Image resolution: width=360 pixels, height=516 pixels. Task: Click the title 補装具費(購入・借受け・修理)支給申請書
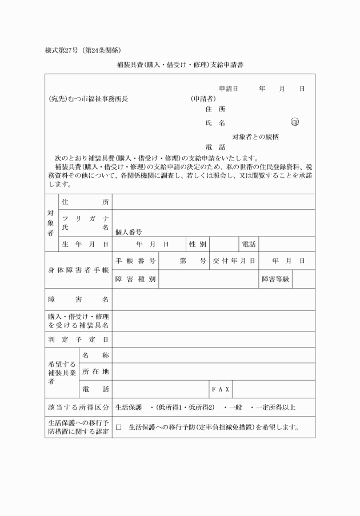coord(180,65)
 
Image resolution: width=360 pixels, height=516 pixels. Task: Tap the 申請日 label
coord(228,89)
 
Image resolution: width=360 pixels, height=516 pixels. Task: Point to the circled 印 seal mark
coord(295,122)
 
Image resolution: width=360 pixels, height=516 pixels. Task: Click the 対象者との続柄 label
coord(255,137)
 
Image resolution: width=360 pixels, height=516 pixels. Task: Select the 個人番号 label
coord(129,232)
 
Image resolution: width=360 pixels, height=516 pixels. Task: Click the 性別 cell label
coord(198,244)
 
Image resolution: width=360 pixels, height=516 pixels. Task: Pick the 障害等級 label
coord(275,279)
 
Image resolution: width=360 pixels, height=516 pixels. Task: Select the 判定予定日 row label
coord(79,339)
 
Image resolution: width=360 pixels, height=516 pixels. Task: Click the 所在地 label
coord(95,372)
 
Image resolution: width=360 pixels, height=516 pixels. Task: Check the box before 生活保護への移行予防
coord(119,427)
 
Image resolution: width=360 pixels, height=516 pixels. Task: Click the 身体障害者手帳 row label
coord(79,270)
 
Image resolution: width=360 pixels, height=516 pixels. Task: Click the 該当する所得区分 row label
coord(79,407)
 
